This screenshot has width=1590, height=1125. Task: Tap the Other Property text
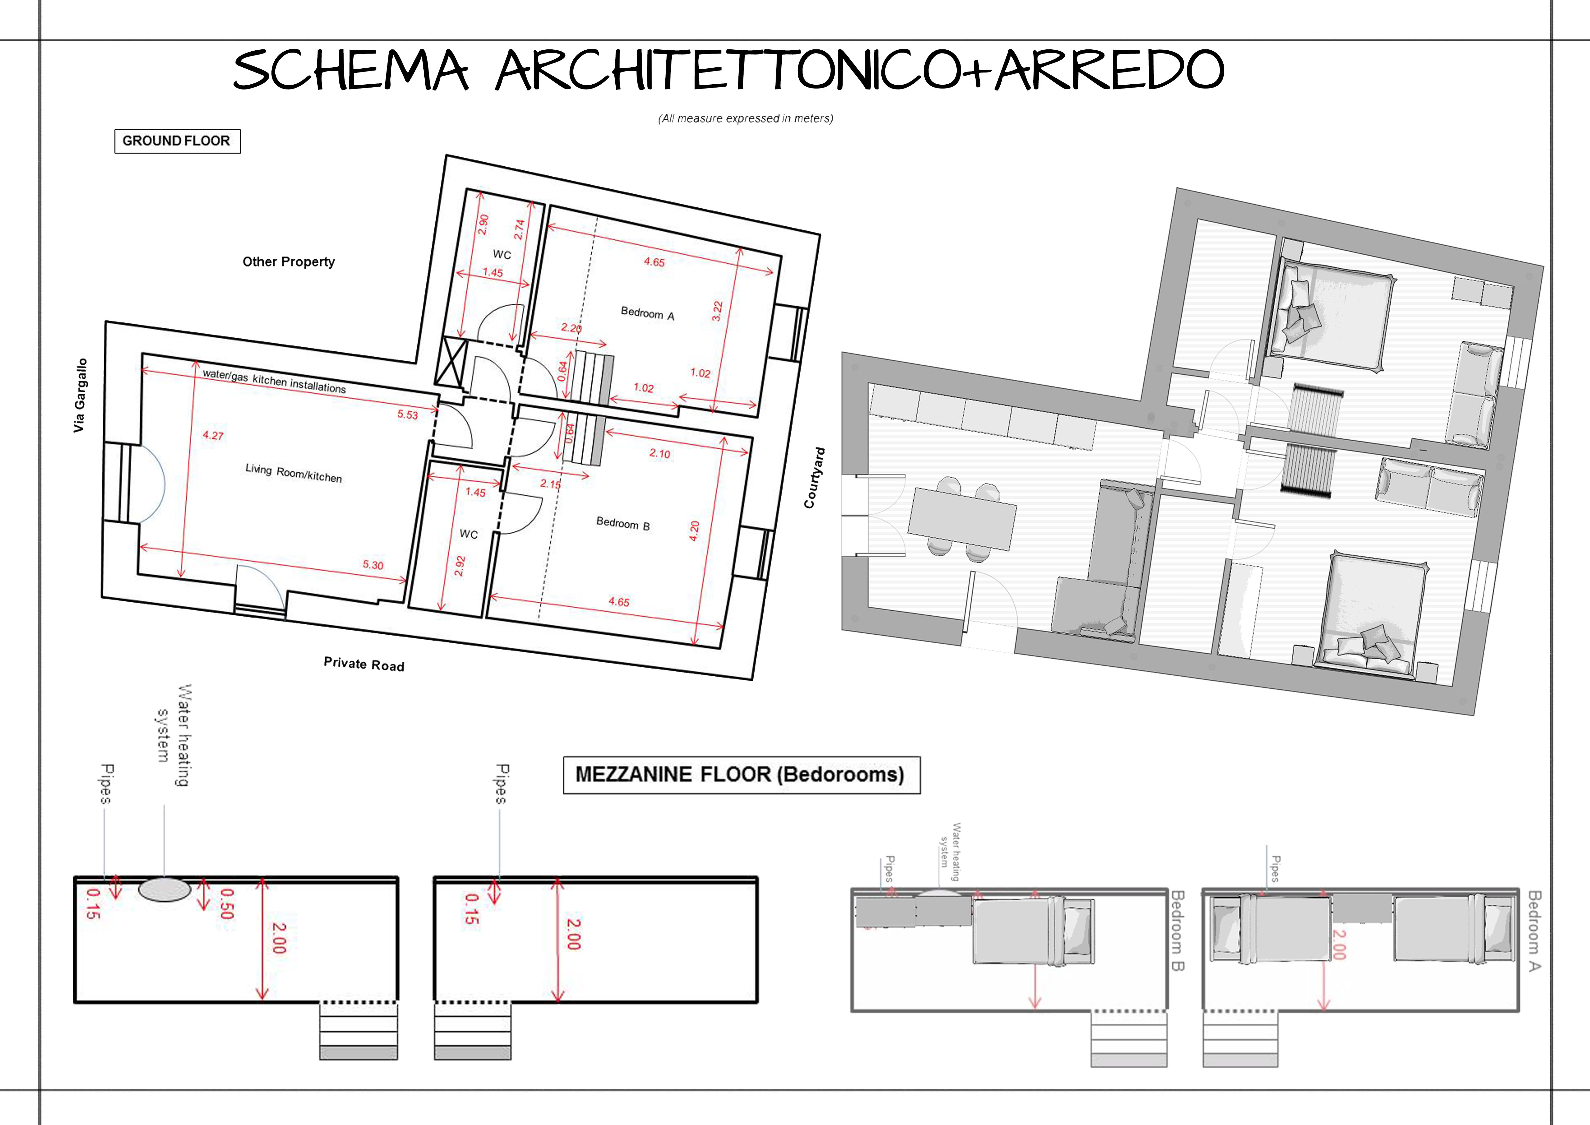(x=289, y=262)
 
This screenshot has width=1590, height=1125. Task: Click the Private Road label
(x=364, y=664)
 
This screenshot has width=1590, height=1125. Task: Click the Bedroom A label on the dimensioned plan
(x=647, y=314)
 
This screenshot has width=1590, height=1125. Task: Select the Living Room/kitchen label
(x=294, y=473)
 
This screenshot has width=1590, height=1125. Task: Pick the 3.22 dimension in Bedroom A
(x=717, y=311)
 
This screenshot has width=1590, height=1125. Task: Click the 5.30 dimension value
(x=373, y=564)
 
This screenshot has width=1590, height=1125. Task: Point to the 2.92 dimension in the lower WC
(x=460, y=566)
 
